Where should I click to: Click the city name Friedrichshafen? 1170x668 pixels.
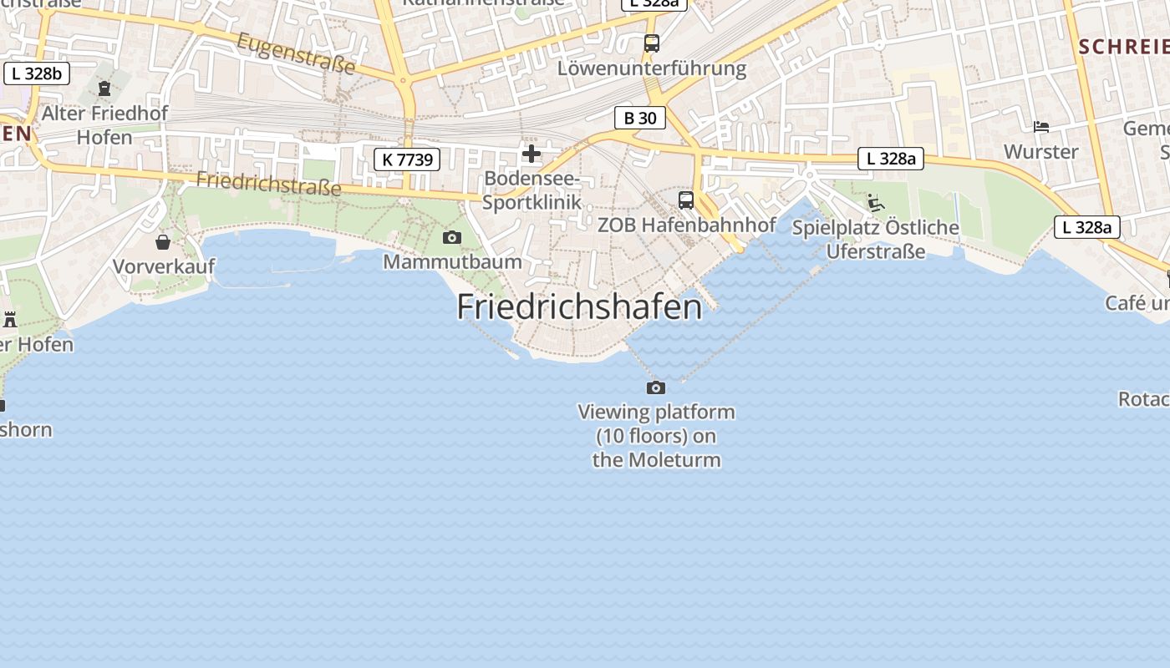(x=579, y=307)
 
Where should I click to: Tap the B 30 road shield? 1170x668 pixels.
(x=640, y=118)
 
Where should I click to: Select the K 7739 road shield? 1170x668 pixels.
(x=406, y=159)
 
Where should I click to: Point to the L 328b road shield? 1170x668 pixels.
(x=36, y=73)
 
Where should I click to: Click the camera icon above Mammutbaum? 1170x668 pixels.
(x=452, y=238)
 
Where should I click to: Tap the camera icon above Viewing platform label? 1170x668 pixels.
(x=656, y=387)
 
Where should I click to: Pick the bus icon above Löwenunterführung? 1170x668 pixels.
(x=651, y=43)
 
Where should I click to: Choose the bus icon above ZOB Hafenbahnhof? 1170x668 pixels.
(x=686, y=200)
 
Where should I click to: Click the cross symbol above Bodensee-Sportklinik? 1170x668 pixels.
(x=532, y=154)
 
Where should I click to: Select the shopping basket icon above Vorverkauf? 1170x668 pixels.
(x=163, y=242)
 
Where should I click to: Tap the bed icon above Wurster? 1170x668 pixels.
(x=1041, y=127)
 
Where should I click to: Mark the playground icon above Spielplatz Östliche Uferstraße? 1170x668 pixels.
(x=875, y=203)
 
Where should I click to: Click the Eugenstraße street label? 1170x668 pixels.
(x=296, y=53)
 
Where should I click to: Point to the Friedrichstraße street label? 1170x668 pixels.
(x=268, y=184)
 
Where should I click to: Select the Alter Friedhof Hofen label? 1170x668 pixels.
(x=104, y=125)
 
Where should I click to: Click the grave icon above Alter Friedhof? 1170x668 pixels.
(x=104, y=88)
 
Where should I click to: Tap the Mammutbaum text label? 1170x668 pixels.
(x=452, y=262)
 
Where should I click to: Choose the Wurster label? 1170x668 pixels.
(x=1041, y=152)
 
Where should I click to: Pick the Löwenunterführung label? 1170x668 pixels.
(x=652, y=68)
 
